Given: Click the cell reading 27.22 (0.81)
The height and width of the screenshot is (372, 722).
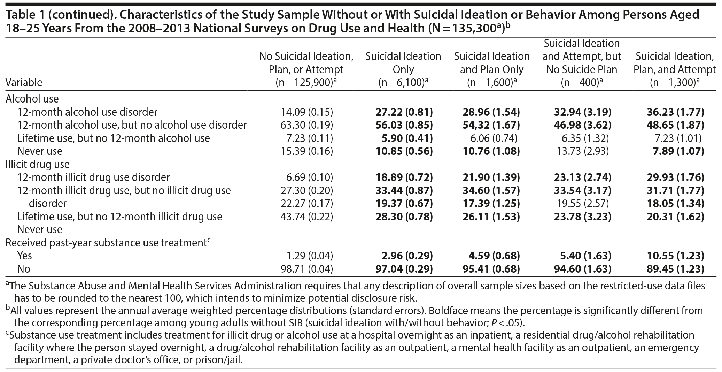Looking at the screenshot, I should pos(404,112).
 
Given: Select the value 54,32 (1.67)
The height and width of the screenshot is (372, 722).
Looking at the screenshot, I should pos(491,125).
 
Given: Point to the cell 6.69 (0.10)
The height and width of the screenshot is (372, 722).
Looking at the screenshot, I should pos(306,177).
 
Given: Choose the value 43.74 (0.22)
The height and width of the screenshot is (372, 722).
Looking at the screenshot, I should pos(306,217).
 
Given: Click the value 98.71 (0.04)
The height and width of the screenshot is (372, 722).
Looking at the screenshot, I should pos(306,269).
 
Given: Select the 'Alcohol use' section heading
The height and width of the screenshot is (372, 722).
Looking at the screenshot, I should pos(32,99).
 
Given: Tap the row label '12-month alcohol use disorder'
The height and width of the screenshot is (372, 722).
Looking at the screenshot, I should pos(87,112).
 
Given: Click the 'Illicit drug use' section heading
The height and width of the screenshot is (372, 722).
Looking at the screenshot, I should pos(38,164).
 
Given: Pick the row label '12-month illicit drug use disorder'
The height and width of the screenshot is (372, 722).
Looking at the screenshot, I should pos(93,177).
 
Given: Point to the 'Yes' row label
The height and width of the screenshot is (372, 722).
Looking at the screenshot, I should pos(24,256).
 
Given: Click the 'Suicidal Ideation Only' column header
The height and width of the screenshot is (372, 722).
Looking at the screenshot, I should pos(403,63).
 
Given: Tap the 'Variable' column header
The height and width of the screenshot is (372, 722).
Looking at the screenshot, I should pos(24,82).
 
